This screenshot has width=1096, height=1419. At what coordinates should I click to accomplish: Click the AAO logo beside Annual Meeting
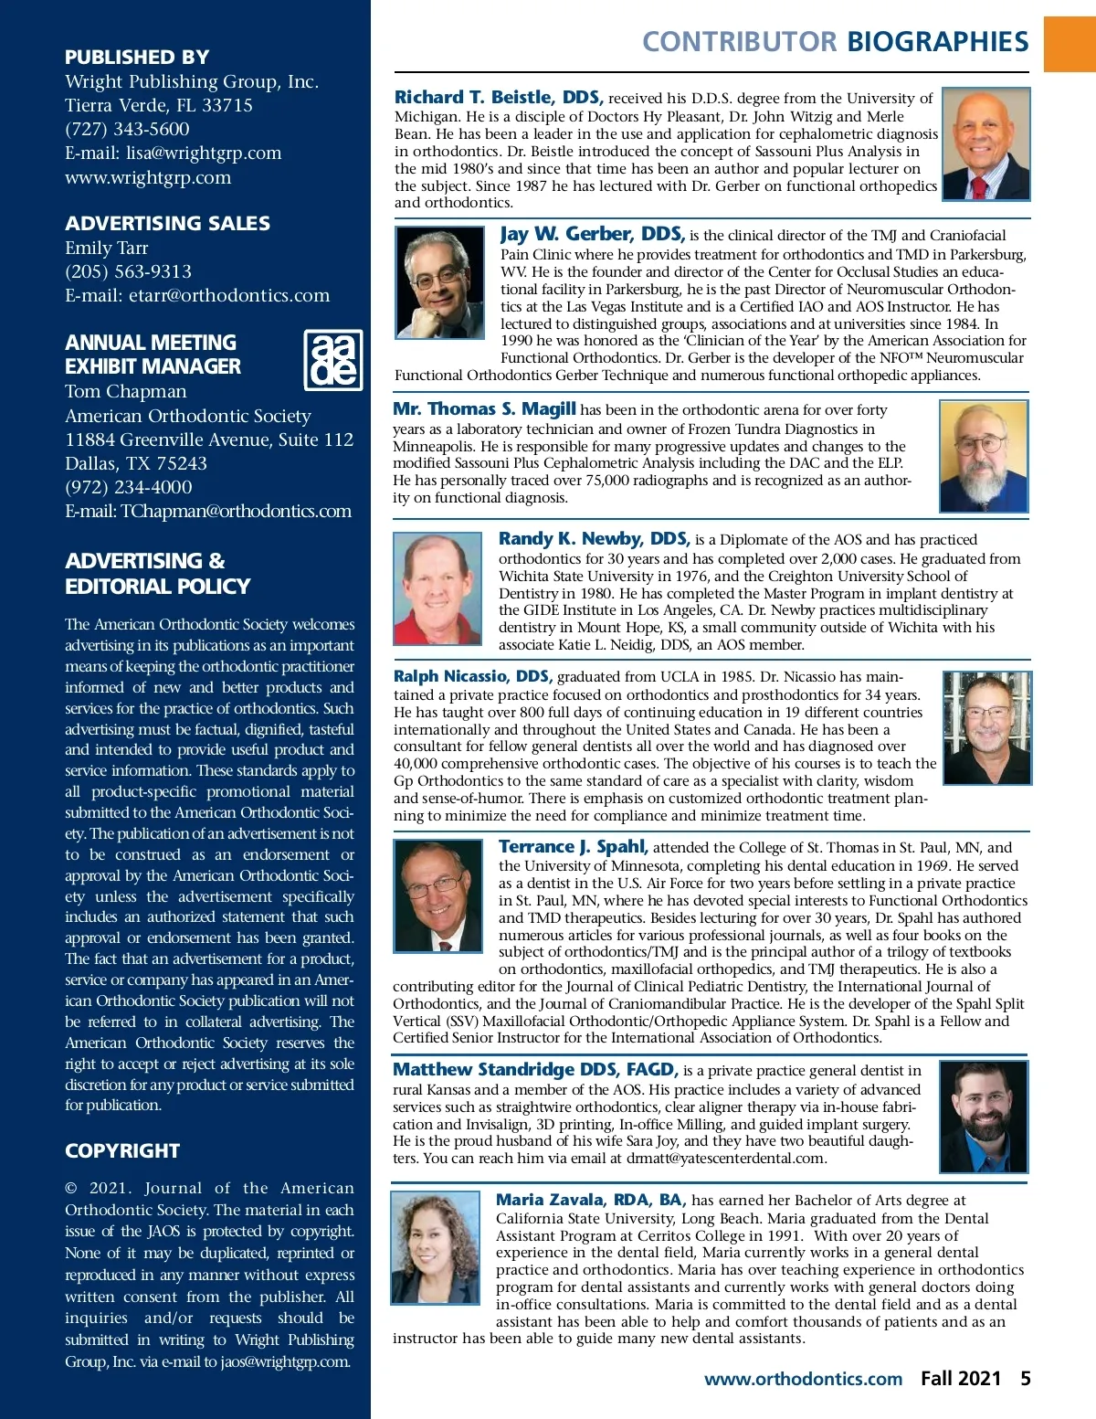(332, 360)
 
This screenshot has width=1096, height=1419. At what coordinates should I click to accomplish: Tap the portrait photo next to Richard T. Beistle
(985, 144)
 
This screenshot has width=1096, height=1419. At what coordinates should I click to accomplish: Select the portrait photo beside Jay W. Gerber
(439, 283)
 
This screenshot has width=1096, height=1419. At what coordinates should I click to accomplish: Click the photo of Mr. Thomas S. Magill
(984, 457)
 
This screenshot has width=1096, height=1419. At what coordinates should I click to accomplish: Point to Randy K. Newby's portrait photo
(437, 589)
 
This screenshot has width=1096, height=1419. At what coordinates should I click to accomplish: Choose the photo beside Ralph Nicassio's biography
(986, 728)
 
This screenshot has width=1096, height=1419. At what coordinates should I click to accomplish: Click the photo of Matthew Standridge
(983, 1117)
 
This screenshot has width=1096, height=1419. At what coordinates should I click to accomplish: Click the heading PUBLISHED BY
(137, 57)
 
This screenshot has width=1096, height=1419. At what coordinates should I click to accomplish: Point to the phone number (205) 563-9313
(129, 272)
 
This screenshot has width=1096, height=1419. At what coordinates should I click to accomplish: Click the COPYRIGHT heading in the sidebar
(122, 1151)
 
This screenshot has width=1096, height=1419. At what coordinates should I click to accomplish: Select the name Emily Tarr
(107, 249)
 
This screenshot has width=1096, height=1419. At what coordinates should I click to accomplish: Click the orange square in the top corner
(1070, 43)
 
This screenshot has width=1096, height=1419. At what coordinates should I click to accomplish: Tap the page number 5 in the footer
(1026, 1379)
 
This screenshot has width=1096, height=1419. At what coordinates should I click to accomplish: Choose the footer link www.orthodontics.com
(803, 1380)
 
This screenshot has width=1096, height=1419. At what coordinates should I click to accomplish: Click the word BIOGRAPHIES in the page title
(938, 42)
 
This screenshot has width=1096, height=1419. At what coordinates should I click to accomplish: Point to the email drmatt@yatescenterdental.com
(726, 1159)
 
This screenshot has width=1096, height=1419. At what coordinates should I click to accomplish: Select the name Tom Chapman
(126, 392)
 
